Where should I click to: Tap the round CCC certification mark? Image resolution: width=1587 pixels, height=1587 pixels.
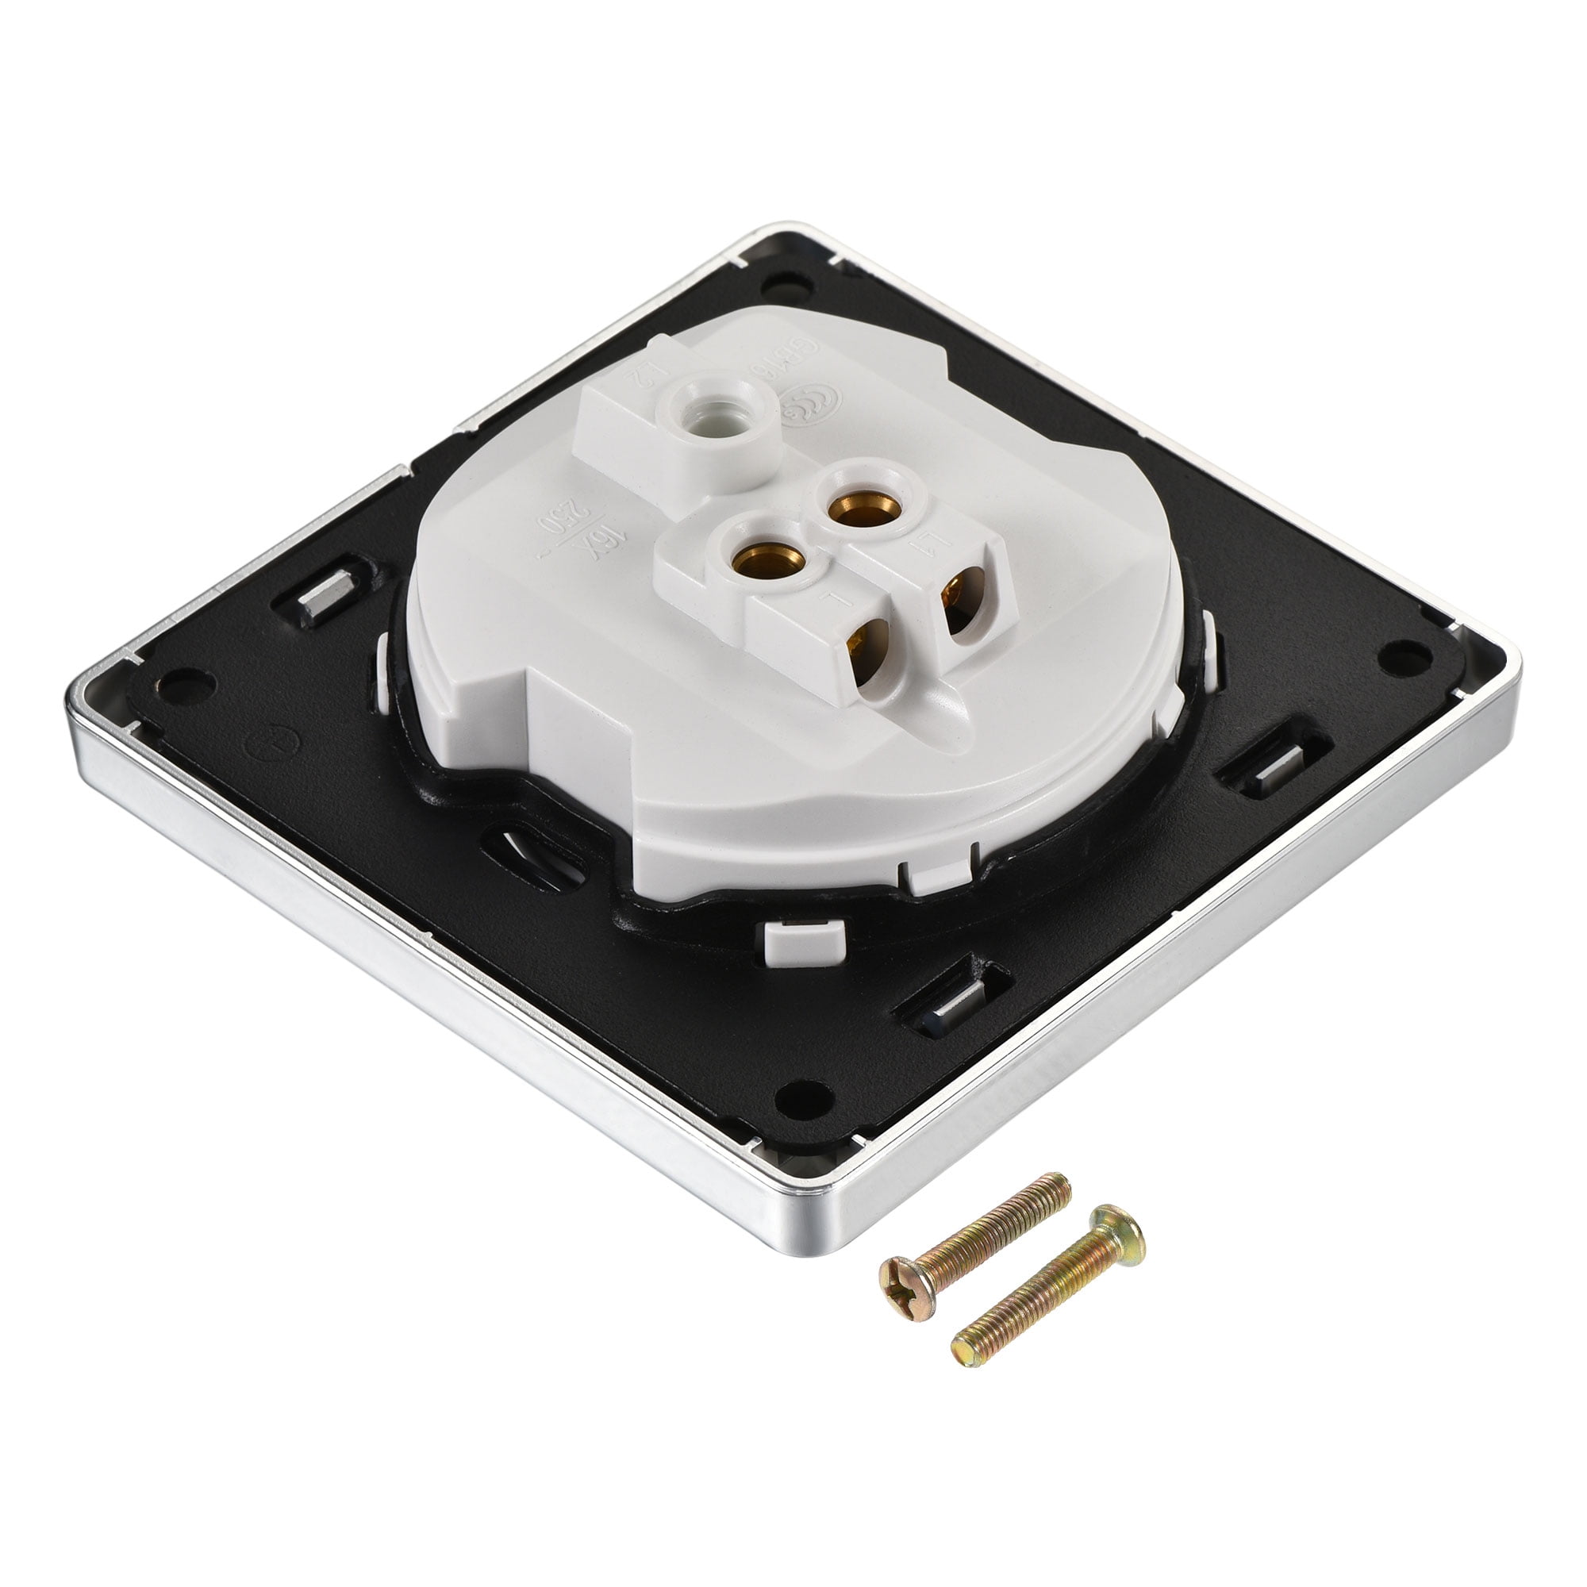click(811, 400)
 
